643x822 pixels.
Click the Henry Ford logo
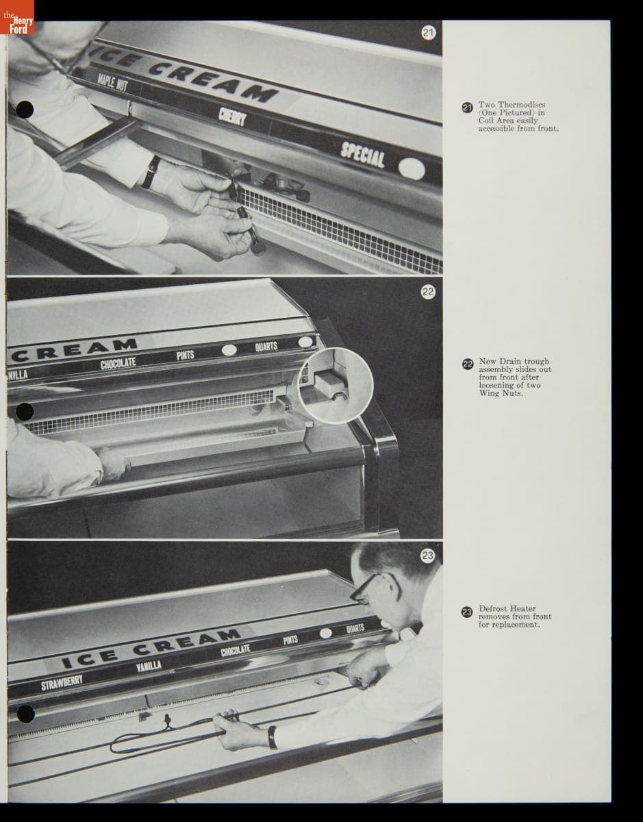click(17, 17)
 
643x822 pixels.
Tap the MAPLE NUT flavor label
click(113, 83)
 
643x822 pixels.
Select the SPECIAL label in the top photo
click(362, 155)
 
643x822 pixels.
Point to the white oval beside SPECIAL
click(412, 169)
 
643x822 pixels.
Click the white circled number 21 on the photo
click(428, 32)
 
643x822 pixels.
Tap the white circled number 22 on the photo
click(428, 292)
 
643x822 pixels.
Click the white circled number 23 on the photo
click(428, 556)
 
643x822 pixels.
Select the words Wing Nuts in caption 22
click(501, 393)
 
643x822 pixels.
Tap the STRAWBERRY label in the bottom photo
click(62, 682)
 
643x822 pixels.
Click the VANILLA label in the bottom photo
click(149, 666)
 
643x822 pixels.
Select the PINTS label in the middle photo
click(185, 355)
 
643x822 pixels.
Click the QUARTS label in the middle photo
click(266, 346)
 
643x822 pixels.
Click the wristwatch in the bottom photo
click(272, 737)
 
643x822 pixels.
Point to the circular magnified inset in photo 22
click(336, 386)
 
